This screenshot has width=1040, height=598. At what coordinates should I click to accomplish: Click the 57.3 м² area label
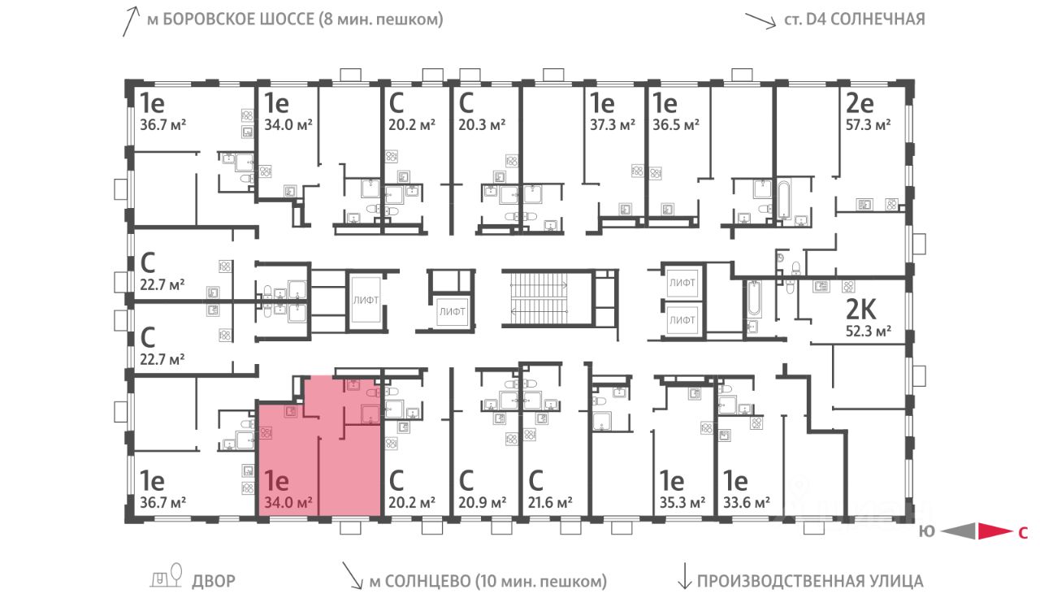click(x=868, y=125)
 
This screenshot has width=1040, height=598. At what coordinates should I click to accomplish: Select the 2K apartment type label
click(x=860, y=310)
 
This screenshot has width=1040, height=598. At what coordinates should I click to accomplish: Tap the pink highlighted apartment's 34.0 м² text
click(x=288, y=502)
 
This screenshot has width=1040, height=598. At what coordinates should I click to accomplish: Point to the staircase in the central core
click(x=539, y=298)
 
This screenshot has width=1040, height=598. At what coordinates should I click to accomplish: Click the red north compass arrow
click(x=994, y=531)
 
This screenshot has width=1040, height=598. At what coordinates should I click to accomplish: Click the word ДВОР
click(x=214, y=581)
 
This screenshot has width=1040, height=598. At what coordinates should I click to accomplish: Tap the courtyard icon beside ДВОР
click(x=166, y=575)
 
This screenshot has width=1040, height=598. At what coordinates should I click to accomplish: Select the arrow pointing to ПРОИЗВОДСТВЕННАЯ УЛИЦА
click(x=684, y=576)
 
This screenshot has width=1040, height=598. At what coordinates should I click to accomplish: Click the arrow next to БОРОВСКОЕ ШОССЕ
click(x=131, y=21)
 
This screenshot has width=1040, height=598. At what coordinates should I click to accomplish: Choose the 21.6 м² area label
click(x=550, y=502)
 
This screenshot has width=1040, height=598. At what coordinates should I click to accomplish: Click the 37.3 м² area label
click(x=613, y=125)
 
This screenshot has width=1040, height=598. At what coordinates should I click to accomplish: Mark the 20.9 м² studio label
click(x=482, y=502)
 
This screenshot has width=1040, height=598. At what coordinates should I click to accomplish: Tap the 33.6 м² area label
click(x=747, y=502)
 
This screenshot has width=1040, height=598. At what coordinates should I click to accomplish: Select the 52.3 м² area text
click(x=869, y=331)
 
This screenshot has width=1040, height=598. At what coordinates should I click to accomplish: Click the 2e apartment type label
click(x=860, y=103)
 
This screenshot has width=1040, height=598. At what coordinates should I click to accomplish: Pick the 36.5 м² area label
click(x=676, y=125)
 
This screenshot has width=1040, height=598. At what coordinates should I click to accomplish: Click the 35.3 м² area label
click(x=682, y=502)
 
